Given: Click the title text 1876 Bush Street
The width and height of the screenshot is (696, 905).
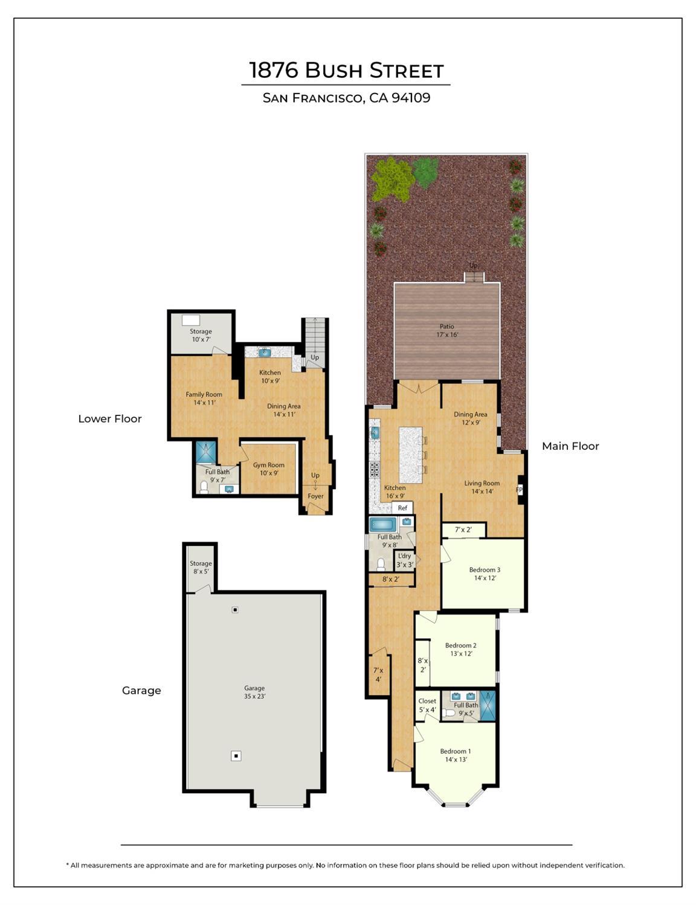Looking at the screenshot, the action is pyautogui.click(x=346, y=70).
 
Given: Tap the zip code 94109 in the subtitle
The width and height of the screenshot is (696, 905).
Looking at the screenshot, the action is pyautogui.click(x=411, y=98).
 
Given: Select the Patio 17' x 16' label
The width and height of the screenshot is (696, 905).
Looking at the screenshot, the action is pyautogui.click(x=446, y=330).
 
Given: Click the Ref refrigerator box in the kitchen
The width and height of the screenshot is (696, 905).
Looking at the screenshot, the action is pyautogui.click(x=402, y=508).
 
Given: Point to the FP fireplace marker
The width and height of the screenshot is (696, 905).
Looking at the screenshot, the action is pyautogui.click(x=520, y=490).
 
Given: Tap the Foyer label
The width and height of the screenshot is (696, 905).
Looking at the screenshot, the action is pyautogui.click(x=315, y=496).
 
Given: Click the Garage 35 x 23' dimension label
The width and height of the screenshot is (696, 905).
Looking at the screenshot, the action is pyautogui.click(x=254, y=692).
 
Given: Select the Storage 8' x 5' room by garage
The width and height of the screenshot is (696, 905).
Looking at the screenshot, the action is pyautogui.click(x=201, y=568).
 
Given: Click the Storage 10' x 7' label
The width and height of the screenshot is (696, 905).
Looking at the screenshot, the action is pyautogui.click(x=201, y=335).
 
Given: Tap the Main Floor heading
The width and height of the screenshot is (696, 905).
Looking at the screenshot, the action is pyautogui.click(x=570, y=446).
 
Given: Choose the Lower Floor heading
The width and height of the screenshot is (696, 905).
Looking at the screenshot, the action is pyautogui.click(x=110, y=418).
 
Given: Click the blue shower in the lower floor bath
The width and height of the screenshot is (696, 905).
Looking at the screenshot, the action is pyautogui.click(x=206, y=452).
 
